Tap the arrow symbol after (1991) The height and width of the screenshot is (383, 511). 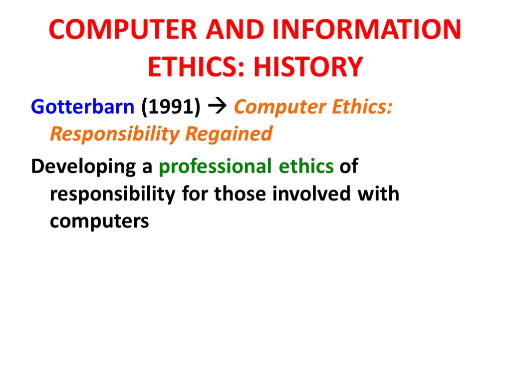[218, 107]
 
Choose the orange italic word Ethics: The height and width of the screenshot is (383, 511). [360, 107]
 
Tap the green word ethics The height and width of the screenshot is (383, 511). [306, 167]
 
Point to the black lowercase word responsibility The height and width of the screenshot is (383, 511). [112, 193]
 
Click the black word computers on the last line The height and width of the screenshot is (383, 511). [99, 220]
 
